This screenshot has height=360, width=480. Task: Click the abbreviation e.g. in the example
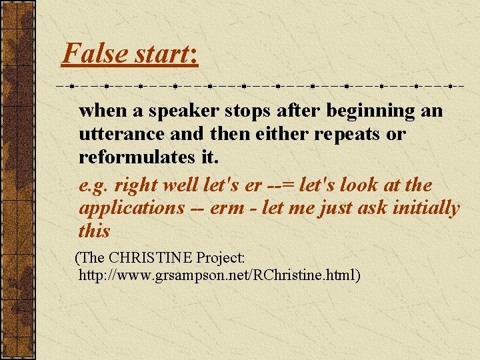point(94,185)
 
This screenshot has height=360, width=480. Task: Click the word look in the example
point(360,185)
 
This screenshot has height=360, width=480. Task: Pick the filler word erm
point(228,208)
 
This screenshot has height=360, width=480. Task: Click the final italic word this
point(94,231)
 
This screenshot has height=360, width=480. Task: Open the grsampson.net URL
point(220,274)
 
